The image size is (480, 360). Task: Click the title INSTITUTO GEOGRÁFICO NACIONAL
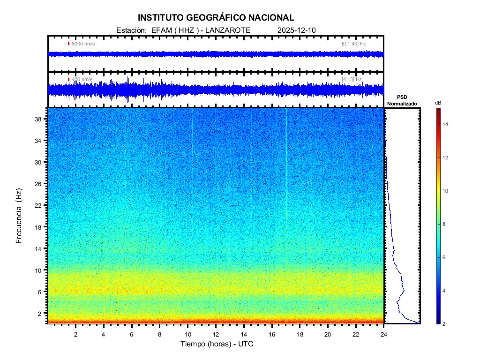[x=216, y=18]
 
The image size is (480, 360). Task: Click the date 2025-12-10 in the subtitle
[x=297, y=30]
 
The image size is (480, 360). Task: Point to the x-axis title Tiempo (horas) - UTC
[x=217, y=344]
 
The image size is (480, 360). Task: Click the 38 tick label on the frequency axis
[x=40, y=119]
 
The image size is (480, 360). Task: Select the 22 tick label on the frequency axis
[x=40, y=205]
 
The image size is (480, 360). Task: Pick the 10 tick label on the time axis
[x=188, y=334]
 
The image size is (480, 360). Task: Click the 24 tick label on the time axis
[x=384, y=334]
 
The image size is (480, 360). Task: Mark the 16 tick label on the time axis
[x=272, y=334]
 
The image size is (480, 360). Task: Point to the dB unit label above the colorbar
[x=438, y=102]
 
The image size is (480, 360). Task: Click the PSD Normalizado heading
[x=402, y=100]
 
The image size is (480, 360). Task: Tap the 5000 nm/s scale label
[x=83, y=44]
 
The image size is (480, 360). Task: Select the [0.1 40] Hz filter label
[x=353, y=44]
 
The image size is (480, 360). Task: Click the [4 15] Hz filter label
[x=352, y=79]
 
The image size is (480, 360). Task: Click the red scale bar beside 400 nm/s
[x=68, y=79]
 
